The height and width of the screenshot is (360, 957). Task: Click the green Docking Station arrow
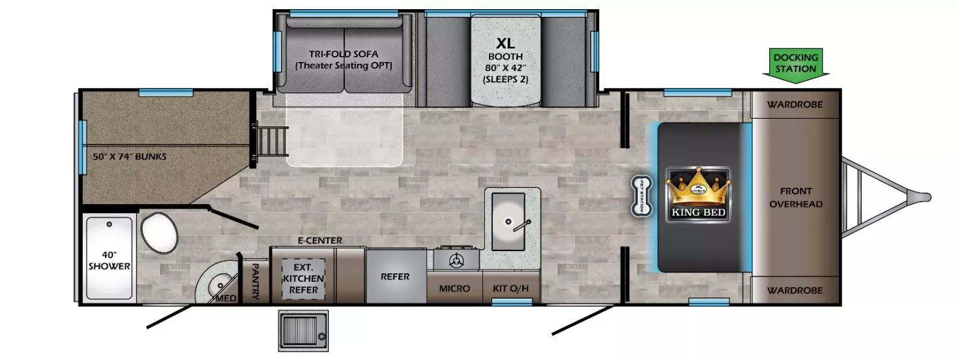tap(795, 65)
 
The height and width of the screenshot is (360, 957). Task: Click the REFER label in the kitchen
tap(395, 277)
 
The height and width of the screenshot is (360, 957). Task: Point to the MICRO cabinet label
tap(454, 288)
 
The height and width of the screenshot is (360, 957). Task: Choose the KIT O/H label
tap(511, 288)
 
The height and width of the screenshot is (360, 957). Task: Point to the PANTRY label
tap(255, 280)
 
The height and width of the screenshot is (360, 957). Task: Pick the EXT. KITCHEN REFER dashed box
tap(303, 278)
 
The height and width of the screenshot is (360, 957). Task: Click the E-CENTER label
tap(319, 241)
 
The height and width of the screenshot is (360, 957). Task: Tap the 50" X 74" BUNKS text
tap(130, 157)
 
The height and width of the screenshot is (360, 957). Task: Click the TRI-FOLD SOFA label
tap(344, 59)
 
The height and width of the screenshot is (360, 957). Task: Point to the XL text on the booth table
tap(505, 44)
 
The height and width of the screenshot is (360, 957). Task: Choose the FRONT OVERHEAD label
tap(795, 198)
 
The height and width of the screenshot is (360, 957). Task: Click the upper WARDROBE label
tap(794, 104)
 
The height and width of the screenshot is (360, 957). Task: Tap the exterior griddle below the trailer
tap(302, 329)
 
